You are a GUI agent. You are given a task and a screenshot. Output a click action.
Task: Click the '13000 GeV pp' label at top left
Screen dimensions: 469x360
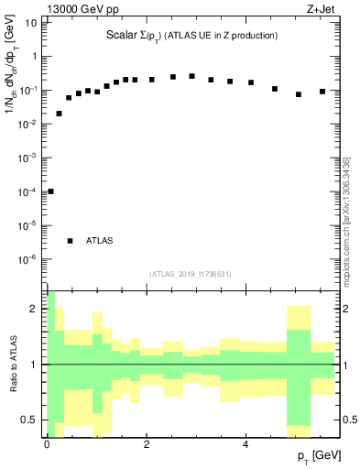pyautogui.click(x=83, y=10)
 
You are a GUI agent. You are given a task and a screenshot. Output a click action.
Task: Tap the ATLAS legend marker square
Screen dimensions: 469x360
pyautogui.click(x=70, y=241)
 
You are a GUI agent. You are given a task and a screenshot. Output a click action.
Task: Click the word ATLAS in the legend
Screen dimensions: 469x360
pyautogui.click(x=100, y=241)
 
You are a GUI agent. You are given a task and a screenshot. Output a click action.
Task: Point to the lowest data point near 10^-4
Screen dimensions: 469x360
pyautogui.click(x=50, y=191)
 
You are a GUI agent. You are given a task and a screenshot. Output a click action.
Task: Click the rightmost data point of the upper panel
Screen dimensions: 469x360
pyautogui.click(x=322, y=92)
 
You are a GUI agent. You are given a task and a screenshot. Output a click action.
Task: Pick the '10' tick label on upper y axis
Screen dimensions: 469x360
pyautogui.click(x=30, y=23)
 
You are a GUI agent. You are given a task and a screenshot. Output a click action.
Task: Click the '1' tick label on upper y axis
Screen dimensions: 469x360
pyautogui.click(x=33, y=57)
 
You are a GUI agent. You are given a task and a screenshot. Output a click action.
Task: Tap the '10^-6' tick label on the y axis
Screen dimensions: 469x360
pyautogui.click(x=27, y=259)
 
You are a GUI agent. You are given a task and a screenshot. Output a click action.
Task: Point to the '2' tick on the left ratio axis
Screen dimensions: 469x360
pyautogui.click(x=34, y=309)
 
